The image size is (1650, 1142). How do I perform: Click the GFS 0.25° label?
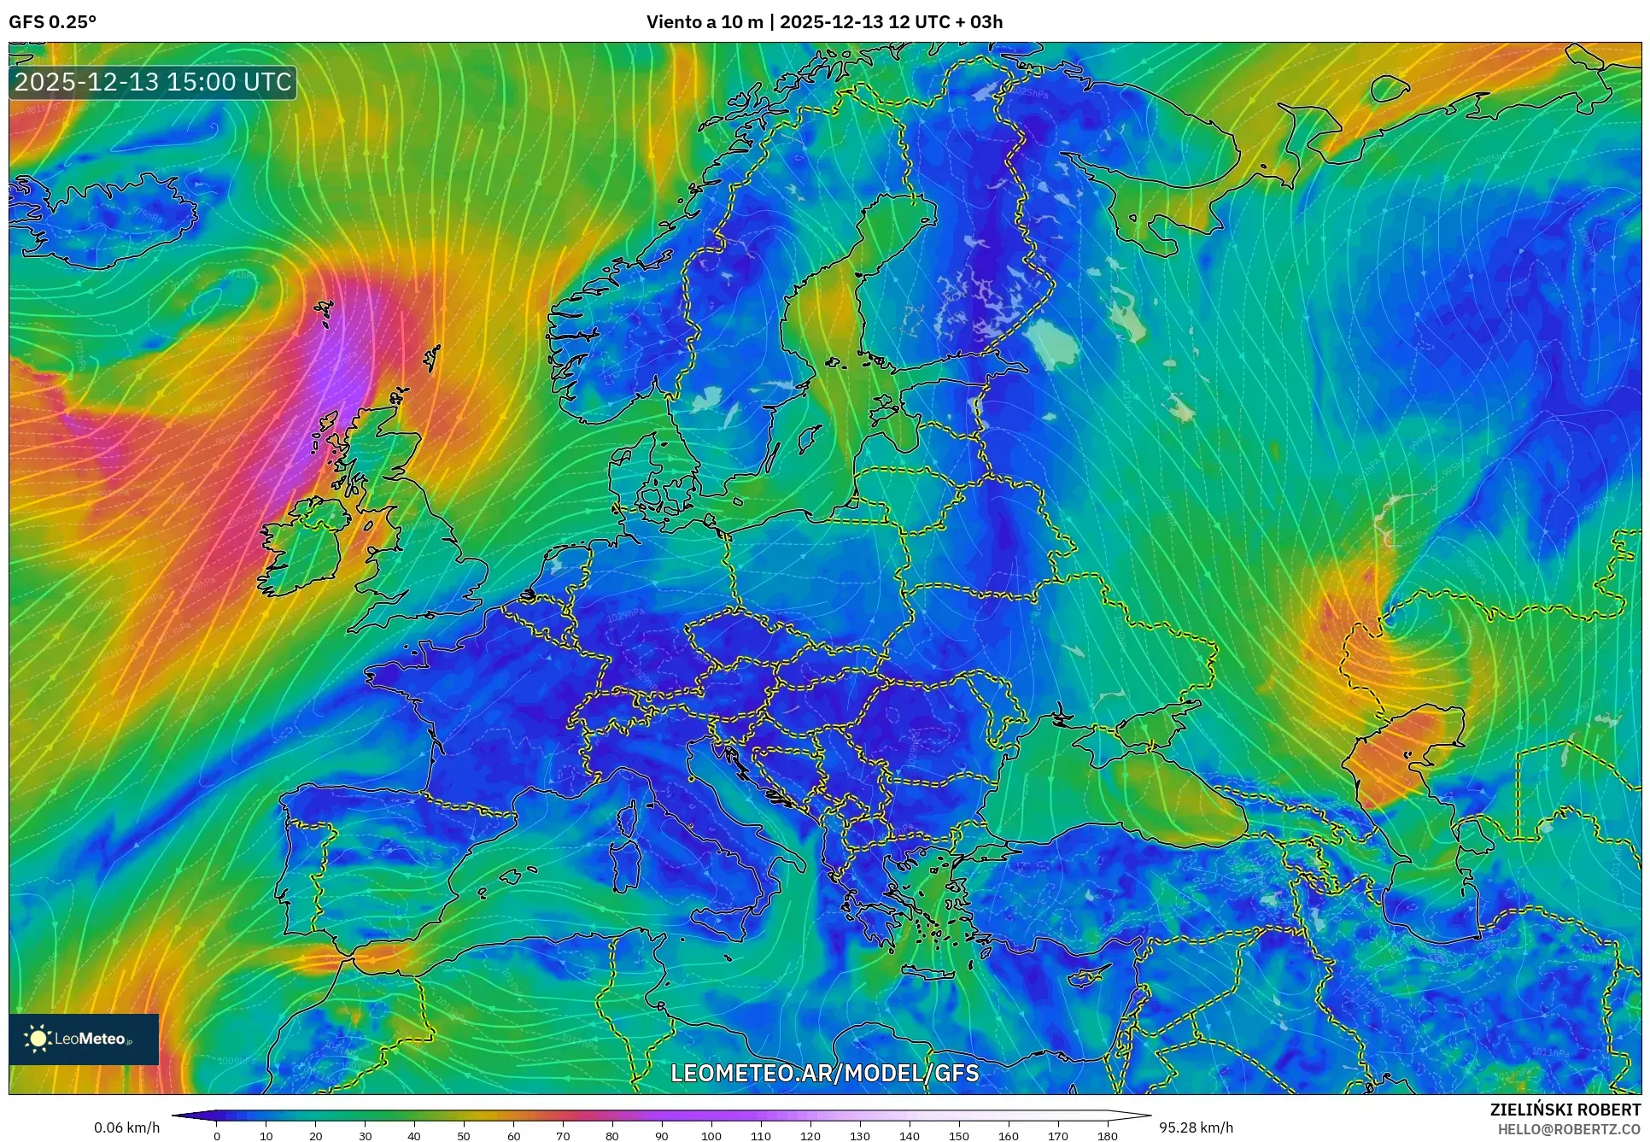click(x=52, y=22)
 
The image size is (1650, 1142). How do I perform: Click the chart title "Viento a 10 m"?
click(x=705, y=22)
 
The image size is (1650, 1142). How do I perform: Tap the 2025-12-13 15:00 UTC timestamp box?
click(x=153, y=82)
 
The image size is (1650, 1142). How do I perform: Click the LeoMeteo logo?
click(x=84, y=1039)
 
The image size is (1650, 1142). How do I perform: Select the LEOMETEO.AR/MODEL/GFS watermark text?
click(x=824, y=1073)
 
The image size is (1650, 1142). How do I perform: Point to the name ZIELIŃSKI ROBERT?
click(x=1565, y=1110)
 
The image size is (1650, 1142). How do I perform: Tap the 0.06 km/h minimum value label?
click(x=126, y=1127)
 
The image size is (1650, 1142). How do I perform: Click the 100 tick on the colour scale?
click(x=711, y=1136)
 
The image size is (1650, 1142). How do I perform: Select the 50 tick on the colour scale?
click(x=464, y=1136)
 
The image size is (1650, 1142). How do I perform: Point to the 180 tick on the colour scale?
click(x=1107, y=1136)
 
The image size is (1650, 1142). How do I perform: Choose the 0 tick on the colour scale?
click(x=217, y=1136)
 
